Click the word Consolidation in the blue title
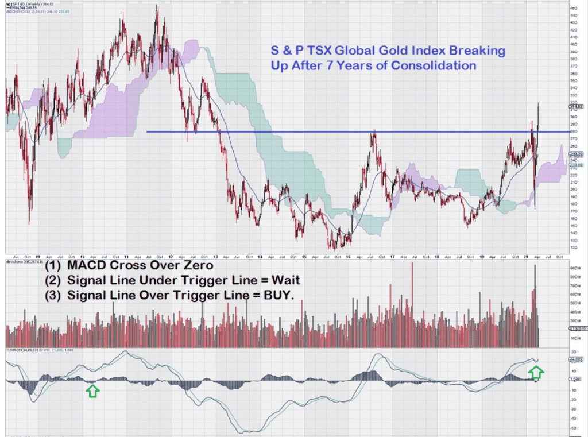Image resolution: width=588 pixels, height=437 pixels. (434, 65)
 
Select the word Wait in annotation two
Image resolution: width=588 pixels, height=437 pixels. (280, 280)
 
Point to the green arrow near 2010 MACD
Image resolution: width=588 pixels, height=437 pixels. (92, 391)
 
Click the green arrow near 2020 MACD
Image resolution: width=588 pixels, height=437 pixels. (535, 373)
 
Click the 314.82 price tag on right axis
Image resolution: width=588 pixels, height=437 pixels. (576, 106)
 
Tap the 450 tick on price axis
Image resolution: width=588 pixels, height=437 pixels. (574, 8)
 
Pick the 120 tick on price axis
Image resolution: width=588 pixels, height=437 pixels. (574, 247)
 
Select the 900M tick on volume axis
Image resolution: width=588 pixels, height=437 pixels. (575, 269)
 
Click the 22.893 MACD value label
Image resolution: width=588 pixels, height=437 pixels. (576, 359)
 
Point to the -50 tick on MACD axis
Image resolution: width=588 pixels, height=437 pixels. (574, 427)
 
